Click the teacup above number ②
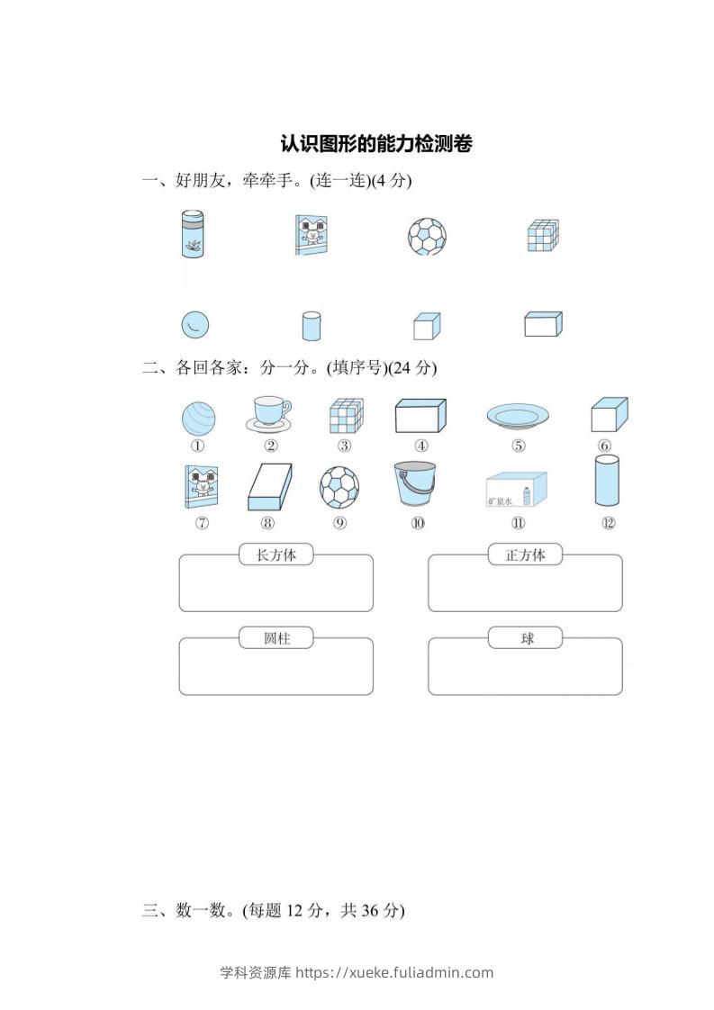268,413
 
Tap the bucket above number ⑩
414,483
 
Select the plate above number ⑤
518,416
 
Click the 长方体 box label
276,555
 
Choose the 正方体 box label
525,555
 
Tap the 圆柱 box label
276,639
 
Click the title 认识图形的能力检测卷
375,143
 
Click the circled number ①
197,446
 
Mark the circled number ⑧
267,523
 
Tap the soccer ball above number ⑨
339,486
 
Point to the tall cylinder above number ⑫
608,481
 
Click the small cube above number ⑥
609,416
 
